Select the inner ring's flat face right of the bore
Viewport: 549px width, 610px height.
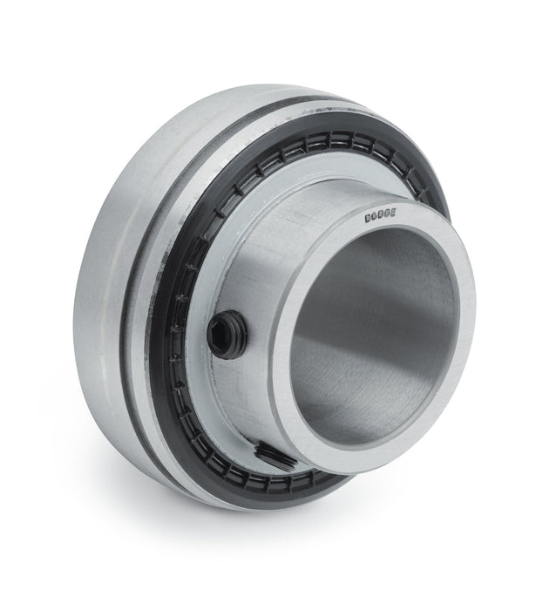[x=463, y=331]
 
